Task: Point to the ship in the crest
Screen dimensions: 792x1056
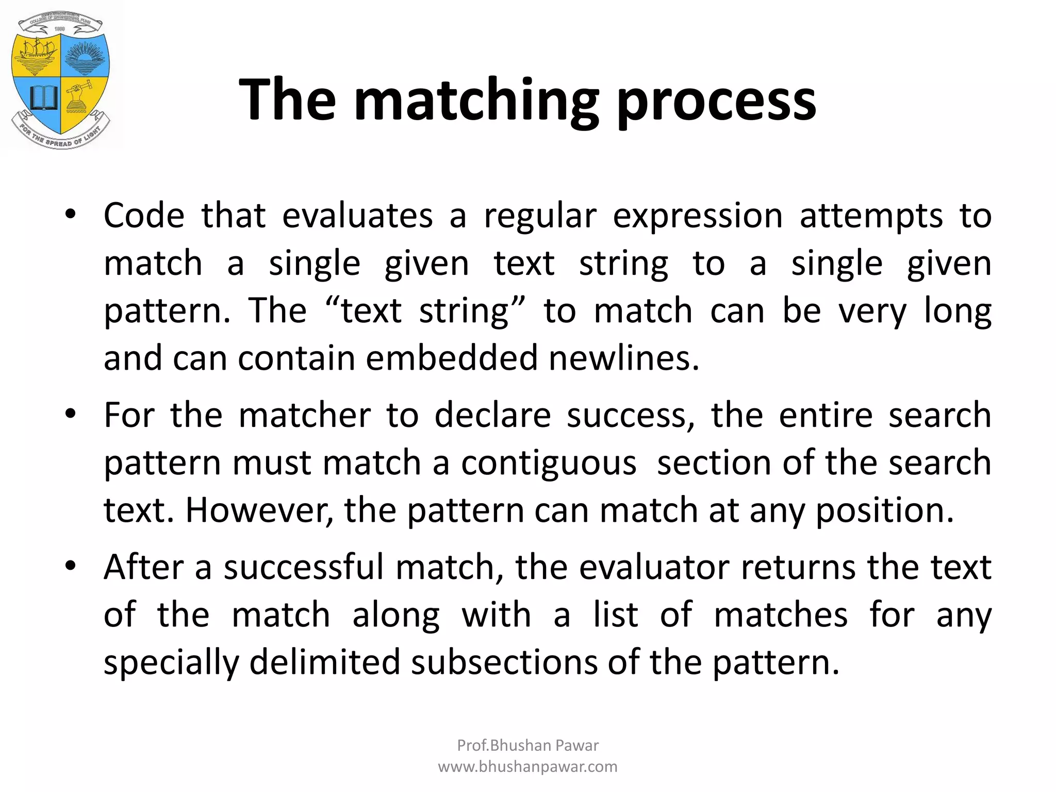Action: [39, 54]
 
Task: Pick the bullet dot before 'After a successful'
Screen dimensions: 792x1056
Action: [71, 565]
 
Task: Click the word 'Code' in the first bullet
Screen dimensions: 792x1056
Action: [144, 215]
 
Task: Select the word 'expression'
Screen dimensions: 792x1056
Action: [698, 216]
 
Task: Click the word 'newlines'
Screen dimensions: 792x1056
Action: [623, 358]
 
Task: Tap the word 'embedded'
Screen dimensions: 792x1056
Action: [452, 358]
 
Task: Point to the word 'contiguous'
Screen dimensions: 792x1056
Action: [549, 463]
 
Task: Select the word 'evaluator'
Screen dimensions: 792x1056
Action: [654, 567]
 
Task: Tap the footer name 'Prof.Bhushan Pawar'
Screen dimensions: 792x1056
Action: [527, 745]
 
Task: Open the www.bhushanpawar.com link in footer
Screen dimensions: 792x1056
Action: [527, 767]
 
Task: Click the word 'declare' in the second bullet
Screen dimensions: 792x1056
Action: [492, 415]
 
